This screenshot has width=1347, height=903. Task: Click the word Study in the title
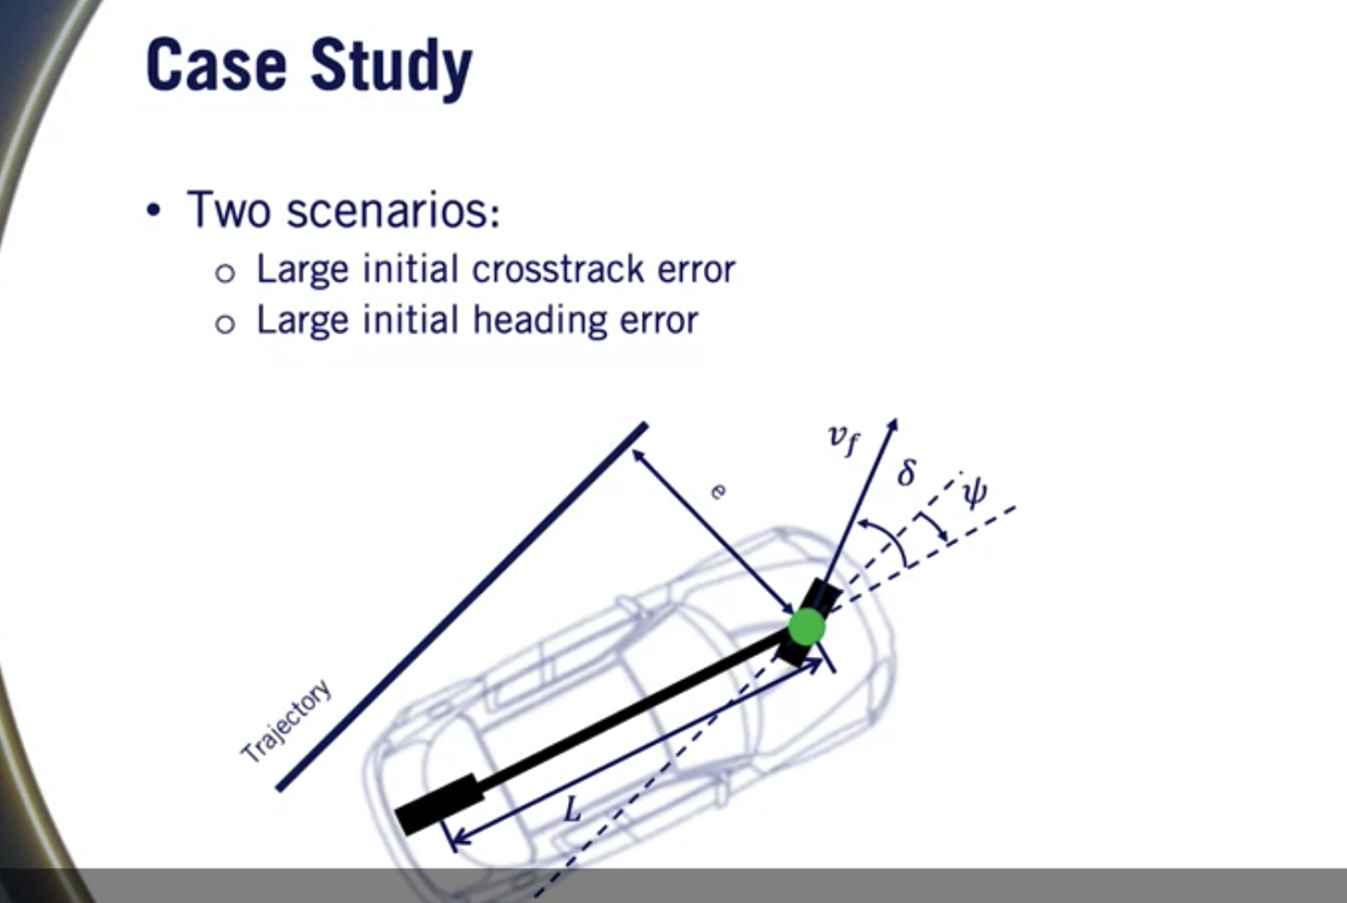[391, 67]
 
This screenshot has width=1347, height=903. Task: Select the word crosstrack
[558, 269]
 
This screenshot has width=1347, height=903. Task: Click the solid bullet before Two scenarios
[154, 211]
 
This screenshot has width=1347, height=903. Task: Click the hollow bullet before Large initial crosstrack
[225, 273]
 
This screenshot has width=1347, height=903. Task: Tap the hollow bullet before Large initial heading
[225, 324]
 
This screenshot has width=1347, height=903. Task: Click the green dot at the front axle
[807, 626]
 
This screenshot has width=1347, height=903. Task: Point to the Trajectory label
[286, 722]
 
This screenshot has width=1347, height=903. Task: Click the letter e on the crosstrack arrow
[717, 490]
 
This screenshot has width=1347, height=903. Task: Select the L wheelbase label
[573, 811]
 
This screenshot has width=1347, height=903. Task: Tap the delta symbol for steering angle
[907, 473]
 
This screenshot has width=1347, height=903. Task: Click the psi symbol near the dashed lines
[973, 491]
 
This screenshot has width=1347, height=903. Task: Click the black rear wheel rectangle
[439, 804]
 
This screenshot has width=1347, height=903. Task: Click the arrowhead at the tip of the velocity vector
[892, 427]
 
